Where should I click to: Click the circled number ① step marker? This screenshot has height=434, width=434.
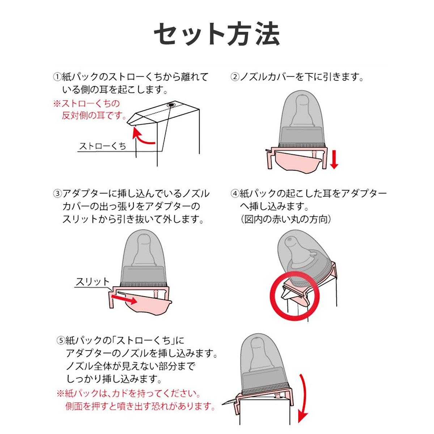point(57,77)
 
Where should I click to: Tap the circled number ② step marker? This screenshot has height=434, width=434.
point(235,77)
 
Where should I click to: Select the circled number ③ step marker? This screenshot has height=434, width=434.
point(57,193)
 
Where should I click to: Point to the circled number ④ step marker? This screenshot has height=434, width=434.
point(235,193)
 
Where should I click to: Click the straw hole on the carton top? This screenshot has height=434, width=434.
point(171,105)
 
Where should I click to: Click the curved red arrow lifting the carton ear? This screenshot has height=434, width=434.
point(142,137)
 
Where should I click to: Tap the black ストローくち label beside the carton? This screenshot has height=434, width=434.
point(102,146)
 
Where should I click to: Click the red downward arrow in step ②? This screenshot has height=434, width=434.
point(334,159)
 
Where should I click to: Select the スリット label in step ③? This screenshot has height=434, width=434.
point(93,282)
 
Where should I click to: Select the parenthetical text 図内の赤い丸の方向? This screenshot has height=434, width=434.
point(286,219)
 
